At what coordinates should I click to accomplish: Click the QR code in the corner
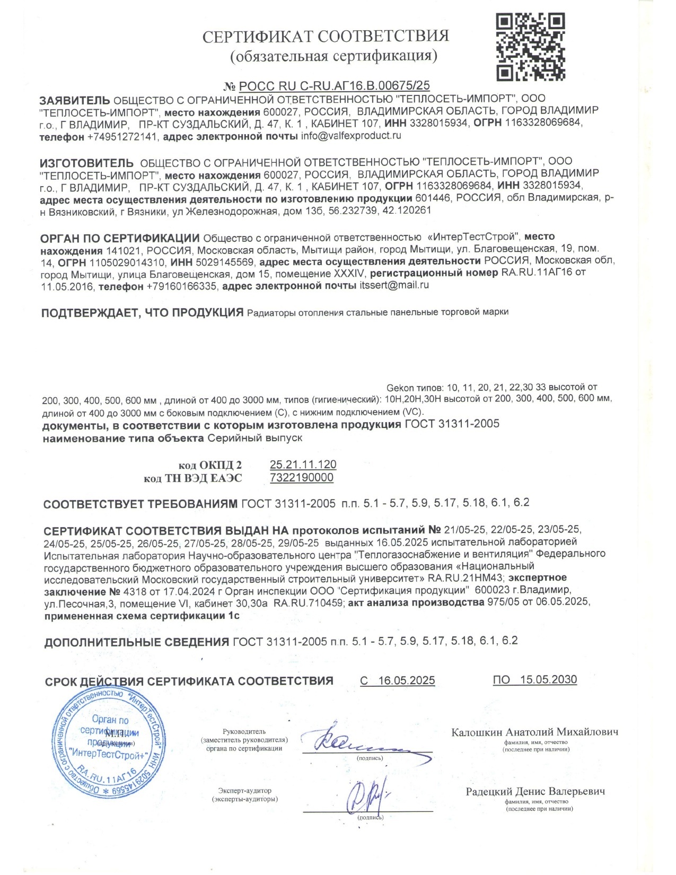click(530, 47)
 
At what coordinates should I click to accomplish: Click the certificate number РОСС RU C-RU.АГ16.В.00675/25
click(334, 86)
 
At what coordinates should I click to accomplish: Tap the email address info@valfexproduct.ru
click(351, 136)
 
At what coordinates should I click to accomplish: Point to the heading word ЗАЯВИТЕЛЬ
click(75, 100)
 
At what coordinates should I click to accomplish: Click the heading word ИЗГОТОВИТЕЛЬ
click(87, 162)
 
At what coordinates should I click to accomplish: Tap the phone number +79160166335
click(181, 286)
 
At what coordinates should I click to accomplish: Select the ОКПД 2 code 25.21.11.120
click(303, 465)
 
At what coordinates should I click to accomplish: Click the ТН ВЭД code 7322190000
click(302, 477)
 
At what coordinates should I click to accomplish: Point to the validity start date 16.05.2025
click(406, 680)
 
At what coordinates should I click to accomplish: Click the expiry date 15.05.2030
click(548, 680)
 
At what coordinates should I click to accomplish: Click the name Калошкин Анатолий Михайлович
click(534, 732)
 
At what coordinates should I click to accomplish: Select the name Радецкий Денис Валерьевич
click(535, 792)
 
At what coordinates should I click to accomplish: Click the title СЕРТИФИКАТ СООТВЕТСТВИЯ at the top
click(326, 36)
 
